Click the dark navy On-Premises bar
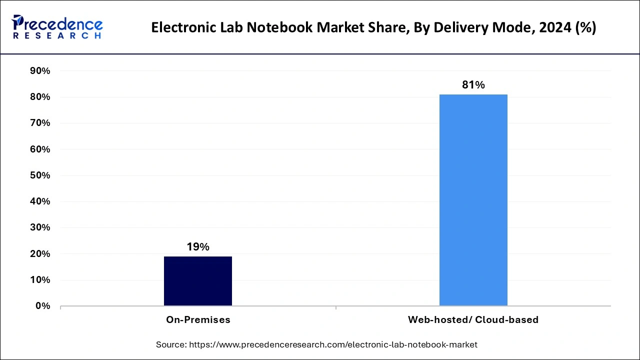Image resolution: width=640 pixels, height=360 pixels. (x=198, y=281)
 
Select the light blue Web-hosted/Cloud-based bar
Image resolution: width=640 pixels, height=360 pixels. (x=473, y=200)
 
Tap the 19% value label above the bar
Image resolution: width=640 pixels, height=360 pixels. (x=198, y=247)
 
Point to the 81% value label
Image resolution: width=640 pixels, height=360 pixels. (x=473, y=85)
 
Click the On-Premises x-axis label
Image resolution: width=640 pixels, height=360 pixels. (x=198, y=320)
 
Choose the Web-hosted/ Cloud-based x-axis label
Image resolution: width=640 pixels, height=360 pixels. (x=473, y=320)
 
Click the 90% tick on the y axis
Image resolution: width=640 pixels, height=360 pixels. (x=40, y=71)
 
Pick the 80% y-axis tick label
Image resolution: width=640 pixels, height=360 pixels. (x=40, y=97)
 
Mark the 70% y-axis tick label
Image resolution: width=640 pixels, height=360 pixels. (x=40, y=123)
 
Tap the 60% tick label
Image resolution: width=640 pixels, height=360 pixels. (x=40, y=149)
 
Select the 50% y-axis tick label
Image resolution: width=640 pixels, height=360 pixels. (x=40, y=175)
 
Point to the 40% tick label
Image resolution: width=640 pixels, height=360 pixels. (x=40, y=201)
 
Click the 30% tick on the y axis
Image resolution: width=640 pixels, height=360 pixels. (x=40, y=227)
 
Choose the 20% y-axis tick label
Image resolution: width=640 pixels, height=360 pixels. (x=40, y=254)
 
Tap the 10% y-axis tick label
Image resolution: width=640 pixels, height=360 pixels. (x=40, y=280)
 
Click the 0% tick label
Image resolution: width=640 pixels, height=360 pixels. (x=43, y=306)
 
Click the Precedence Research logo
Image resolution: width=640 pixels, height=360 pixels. (x=57, y=27)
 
